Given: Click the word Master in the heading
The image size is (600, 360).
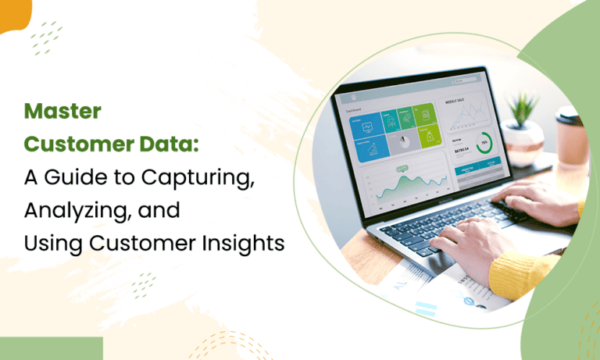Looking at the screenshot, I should coord(62,112).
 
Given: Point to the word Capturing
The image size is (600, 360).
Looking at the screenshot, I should coord(197,177).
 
